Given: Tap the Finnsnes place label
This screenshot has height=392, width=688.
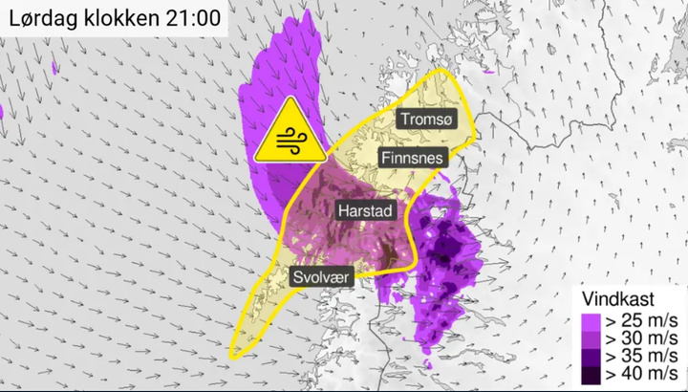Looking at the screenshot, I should point(413,158).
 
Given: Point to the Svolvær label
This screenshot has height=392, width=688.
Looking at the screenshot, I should point(322,277).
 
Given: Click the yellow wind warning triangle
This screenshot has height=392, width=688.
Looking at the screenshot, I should point(288,134).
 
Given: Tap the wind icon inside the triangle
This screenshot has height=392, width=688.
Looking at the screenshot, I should point(288,142).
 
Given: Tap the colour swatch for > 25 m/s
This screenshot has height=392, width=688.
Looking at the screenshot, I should point(590,319).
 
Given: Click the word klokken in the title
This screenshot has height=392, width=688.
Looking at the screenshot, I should point(121,19).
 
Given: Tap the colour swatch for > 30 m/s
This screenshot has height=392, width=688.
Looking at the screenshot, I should point(590,338).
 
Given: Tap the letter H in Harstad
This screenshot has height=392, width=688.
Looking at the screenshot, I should point(342,210).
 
